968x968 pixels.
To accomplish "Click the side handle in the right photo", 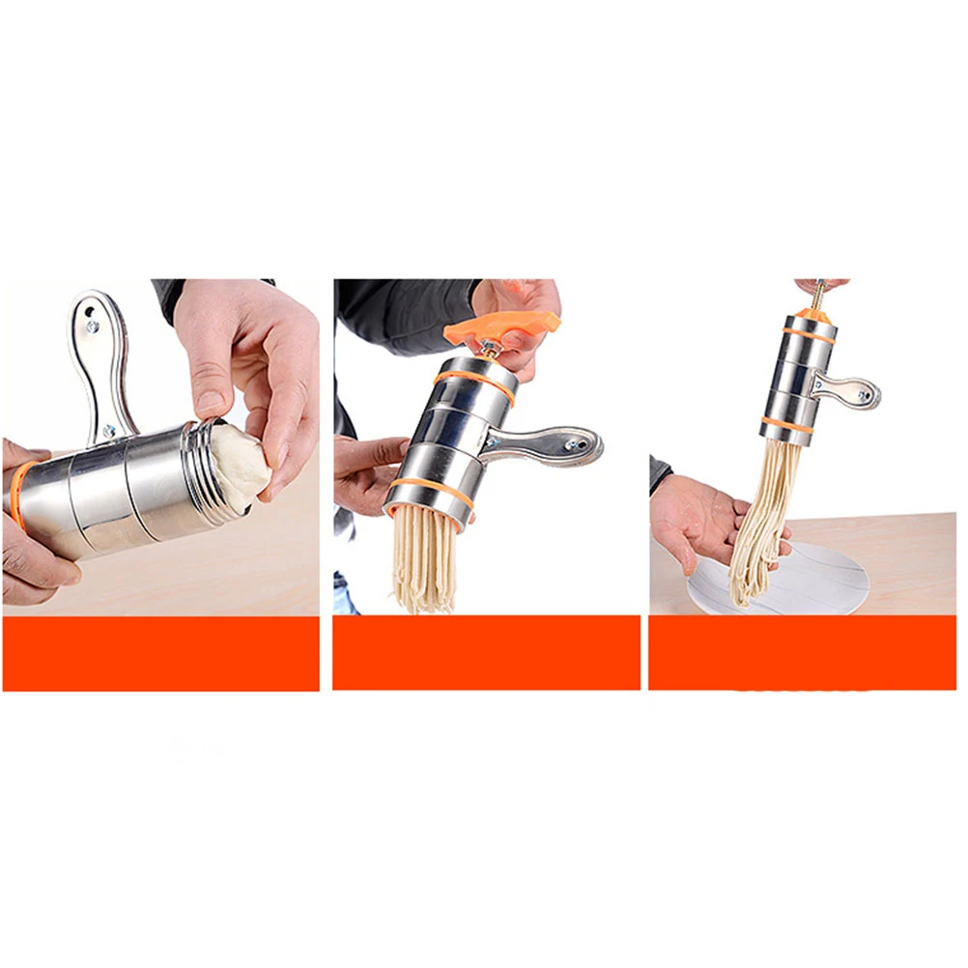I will click(851, 390).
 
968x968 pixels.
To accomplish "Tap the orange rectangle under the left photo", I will click(160, 653).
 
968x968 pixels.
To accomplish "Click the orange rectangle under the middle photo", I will click(486, 653).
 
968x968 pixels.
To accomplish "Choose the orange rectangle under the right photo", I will click(803, 653).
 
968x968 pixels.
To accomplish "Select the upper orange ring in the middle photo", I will click(473, 377).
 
